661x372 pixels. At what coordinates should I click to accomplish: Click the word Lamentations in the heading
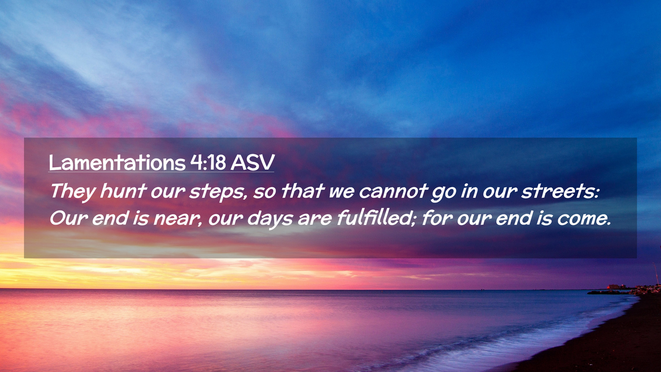click(x=117, y=162)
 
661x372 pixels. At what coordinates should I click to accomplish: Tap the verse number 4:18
click(x=208, y=162)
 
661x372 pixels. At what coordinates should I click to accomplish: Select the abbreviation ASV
click(x=253, y=162)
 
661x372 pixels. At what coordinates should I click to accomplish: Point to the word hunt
click(x=123, y=191)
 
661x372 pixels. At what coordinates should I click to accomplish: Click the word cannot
click(x=394, y=191)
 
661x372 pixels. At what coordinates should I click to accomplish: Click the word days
click(x=270, y=219)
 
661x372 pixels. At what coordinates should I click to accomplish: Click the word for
click(x=437, y=218)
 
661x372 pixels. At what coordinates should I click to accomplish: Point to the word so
click(x=264, y=192)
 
